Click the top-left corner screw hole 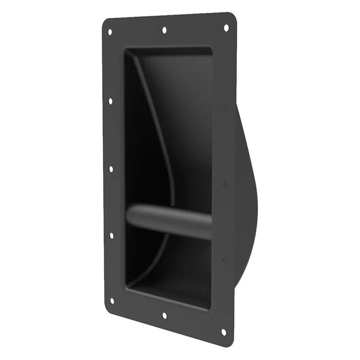110,32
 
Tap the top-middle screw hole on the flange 165,30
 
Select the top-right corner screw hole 226,27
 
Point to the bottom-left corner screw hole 112,301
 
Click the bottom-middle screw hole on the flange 165,315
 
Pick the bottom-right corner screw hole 224,332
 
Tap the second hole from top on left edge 110,101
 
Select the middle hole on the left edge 111,169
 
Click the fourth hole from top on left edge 111,235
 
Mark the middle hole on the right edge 224,184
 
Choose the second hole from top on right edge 225,107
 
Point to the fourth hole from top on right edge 224,258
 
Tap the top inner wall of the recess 169,51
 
